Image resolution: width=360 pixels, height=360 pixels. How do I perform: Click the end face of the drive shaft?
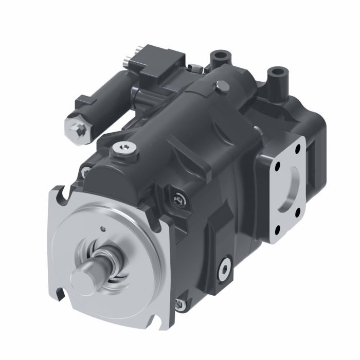[x=84, y=278]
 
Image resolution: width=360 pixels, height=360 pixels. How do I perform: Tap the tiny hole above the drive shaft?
[x=103, y=229]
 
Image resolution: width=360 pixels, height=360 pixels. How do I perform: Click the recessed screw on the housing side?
[x=178, y=197]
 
